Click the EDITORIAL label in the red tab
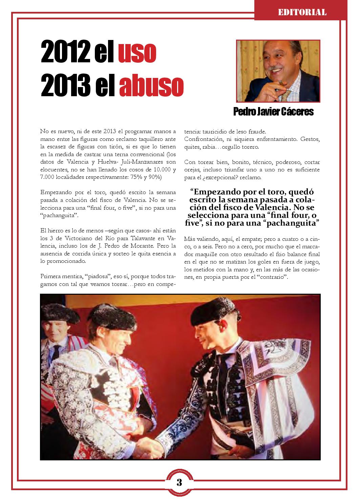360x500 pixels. [x=302, y=13]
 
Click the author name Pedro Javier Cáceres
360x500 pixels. [x=273, y=112]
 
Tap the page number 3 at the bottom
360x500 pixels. [x=179, y=482]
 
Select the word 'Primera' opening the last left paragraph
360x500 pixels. [x=49, y=276]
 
